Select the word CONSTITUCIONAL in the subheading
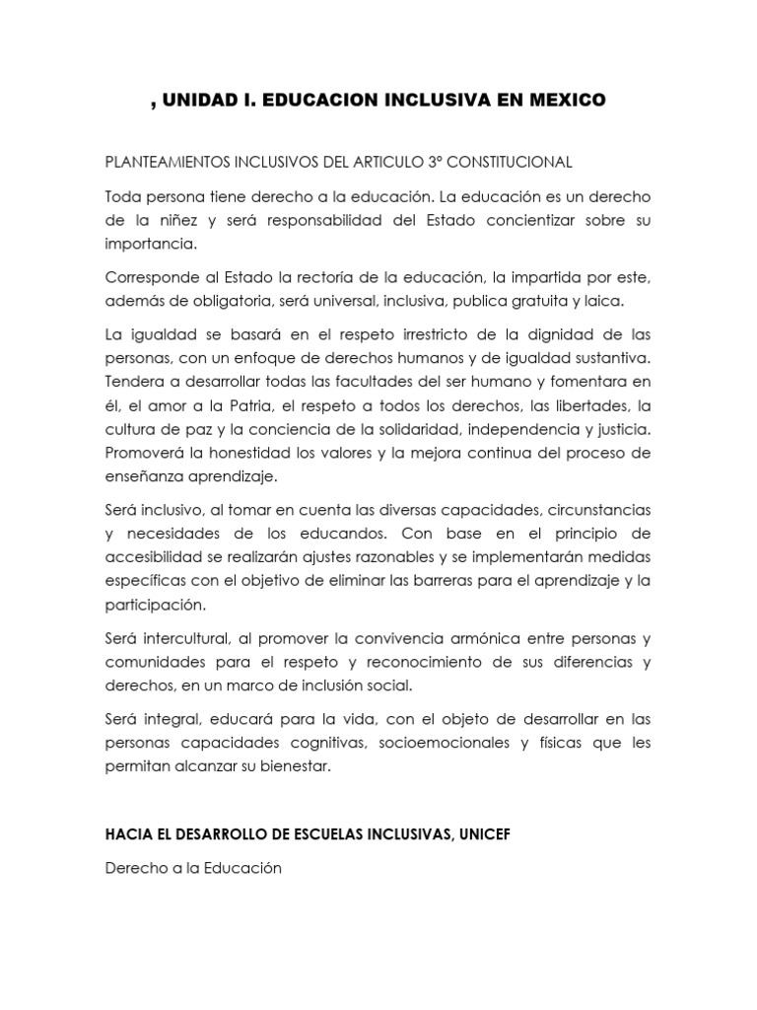click(500, 161)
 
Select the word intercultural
click(189, 637)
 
